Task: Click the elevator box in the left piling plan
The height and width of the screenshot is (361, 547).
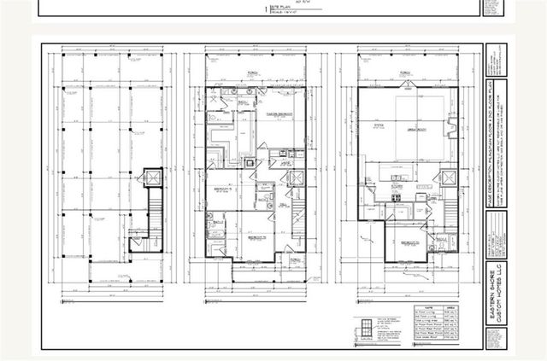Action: click(x=153, y=179)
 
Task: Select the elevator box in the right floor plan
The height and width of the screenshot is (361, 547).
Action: click(x=445, y=179)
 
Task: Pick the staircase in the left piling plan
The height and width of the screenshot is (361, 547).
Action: click(x=154, y=212)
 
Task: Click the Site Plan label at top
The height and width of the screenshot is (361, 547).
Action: click(x=281, y=8)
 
